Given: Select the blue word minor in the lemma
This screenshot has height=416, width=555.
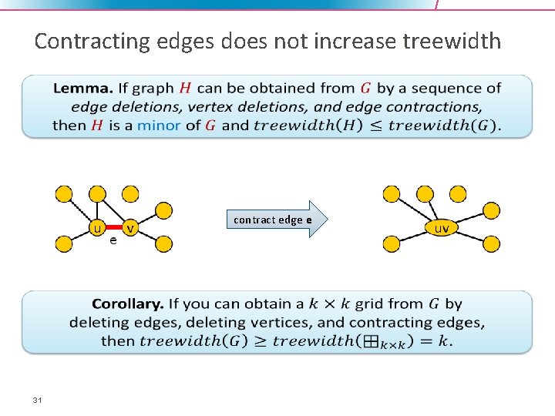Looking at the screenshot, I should (159, 125).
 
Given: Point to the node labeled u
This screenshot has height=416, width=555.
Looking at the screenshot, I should (96, 228).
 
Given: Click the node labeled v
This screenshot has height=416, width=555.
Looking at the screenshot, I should (131, 228).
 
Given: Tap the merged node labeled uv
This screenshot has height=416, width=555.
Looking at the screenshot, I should (442, 228).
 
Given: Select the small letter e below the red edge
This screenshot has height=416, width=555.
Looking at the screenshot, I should (113, 241).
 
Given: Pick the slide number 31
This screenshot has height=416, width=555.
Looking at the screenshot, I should (37, 400).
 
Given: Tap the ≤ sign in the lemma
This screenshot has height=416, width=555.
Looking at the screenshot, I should (375, 125).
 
